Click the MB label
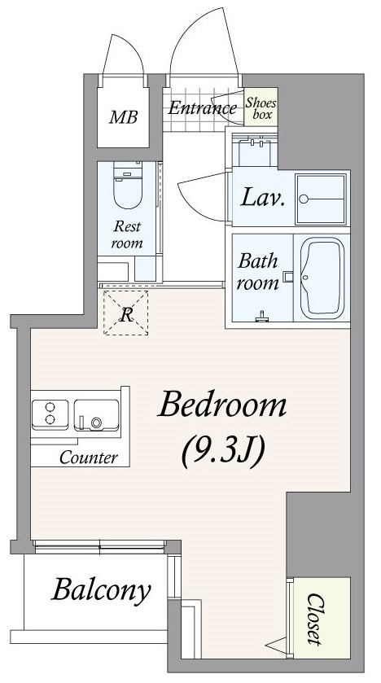coord(123,116)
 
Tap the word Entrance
coord(202,108)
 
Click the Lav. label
coord(263,197)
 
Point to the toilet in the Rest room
coord(128,185)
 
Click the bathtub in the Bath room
coord(322,278)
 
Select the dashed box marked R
coord(126,313)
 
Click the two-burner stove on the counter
coord(50,412)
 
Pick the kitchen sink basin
coord(96,415)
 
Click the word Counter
coord(89,458)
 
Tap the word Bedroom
coord(223,405)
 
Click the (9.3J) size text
coord(223,452)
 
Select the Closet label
coord(315,618)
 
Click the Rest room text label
coord(127,234)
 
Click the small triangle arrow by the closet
coord(278,643)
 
